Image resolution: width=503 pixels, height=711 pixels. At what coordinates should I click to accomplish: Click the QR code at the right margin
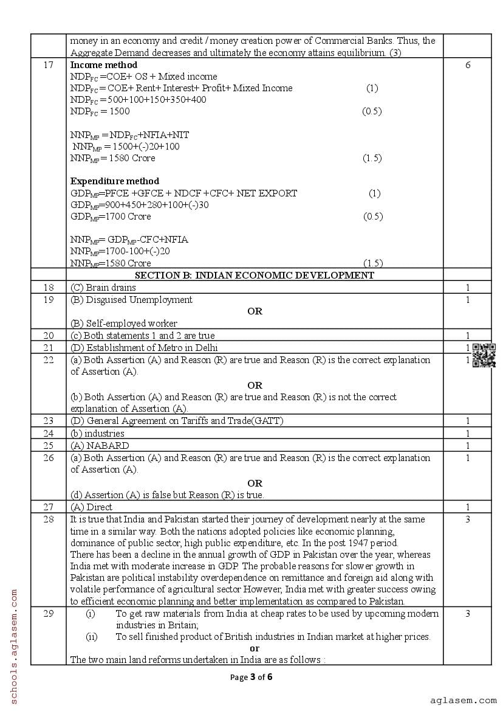[x=484, y=355]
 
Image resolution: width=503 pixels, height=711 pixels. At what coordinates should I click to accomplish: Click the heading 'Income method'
[x=104, y=65]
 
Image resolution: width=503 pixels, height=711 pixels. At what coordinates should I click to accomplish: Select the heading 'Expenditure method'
[x=115, y=181]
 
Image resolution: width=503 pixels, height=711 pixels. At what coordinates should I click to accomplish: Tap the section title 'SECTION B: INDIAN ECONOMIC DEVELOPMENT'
[x=255, y=276]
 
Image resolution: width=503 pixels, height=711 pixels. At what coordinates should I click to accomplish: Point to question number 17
[x=49, y=65]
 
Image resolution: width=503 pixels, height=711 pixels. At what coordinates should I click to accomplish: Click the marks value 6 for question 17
[x=467, y=65]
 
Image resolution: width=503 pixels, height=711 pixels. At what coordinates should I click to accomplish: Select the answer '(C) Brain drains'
[x=103, y=288]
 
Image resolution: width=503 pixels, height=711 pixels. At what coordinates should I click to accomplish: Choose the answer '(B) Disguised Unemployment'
[x=131, y=300]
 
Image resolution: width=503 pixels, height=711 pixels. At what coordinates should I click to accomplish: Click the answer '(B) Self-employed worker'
[x=124, y=324]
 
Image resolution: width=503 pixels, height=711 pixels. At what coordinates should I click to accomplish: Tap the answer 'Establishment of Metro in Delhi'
[x=144, y=348]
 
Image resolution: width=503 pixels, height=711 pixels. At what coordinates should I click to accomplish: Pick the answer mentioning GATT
[x=177, y=421]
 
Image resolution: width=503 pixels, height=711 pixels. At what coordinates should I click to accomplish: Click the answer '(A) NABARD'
[x=100, y=445]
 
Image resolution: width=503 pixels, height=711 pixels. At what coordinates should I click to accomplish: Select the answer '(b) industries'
[x=97, y=434]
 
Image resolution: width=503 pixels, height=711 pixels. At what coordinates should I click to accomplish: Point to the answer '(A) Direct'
[x=91, y=507]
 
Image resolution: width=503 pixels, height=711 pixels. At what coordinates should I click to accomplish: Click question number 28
[x=49, y=519]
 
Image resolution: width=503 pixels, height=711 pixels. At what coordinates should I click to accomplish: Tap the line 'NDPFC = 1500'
[x=100, y=111]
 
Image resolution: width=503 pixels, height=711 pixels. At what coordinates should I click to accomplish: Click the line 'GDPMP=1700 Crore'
[x=111, y=217]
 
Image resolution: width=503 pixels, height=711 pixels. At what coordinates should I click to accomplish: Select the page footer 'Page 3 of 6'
[x=251, y=677]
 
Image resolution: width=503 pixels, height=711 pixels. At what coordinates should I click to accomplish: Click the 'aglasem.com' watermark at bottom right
[x=464, y=701]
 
